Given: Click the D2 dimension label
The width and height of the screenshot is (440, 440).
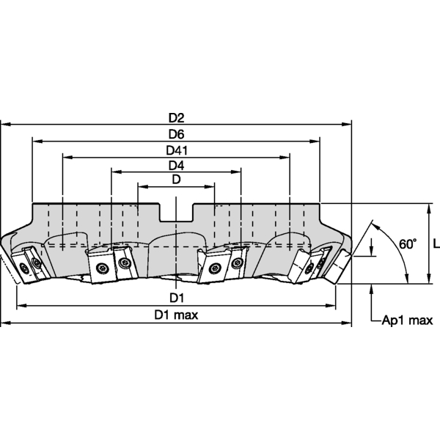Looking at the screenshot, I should click(x=176, y=117).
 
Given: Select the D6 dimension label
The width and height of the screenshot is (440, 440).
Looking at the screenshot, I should click(x=176, y=134).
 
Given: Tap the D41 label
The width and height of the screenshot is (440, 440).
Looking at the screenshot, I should click(x=176, y=150).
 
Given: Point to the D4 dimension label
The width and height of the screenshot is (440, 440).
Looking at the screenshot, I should click(x=176, y=165).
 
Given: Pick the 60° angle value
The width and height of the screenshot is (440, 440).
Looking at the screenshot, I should click(x=408, y=244).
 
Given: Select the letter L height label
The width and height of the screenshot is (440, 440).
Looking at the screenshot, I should click(x=436, y=244).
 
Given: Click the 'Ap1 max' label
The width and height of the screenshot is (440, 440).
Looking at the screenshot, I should click(x=408, y=320).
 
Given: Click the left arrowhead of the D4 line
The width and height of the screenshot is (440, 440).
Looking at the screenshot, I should click(x=114, y=172).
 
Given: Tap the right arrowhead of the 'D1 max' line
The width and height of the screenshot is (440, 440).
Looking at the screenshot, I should click(x=349, y=322).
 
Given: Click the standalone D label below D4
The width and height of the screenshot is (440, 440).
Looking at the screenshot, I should click(x=176, y=180).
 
